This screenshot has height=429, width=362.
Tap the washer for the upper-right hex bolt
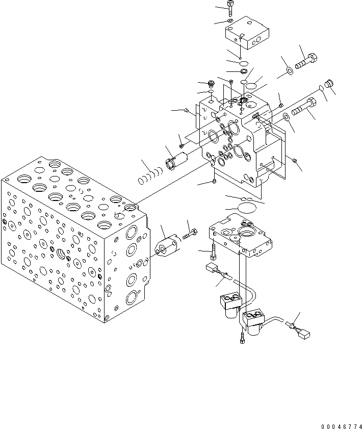pyautogui.click(x=289, y=70)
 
